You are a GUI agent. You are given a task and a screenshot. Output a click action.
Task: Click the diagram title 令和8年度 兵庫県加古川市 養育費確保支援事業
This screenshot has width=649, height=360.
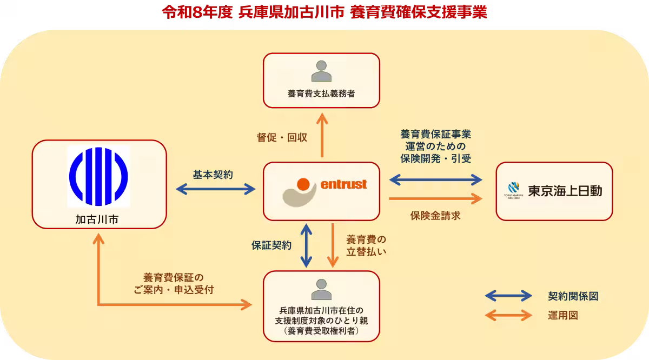pos(325,12)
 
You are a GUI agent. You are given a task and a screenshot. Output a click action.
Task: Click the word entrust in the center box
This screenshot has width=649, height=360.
pos(344,185)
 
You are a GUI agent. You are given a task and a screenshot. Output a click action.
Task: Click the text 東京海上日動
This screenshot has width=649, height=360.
pos(565,191)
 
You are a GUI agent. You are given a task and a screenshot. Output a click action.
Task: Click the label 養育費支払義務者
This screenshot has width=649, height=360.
pos(321,94)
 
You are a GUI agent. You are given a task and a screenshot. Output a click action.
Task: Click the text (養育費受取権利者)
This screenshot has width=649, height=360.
pos(321,331)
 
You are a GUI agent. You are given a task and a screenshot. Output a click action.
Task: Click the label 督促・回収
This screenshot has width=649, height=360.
pos(282,137)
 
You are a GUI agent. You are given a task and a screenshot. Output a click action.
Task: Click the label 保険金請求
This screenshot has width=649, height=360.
pos(435,216)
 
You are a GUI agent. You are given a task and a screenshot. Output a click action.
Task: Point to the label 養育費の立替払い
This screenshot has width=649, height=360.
pos(366,245)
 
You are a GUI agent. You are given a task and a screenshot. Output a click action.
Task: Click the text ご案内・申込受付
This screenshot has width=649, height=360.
pos(174,289)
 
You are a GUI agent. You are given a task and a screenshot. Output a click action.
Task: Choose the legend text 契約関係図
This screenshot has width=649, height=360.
pos(573,296)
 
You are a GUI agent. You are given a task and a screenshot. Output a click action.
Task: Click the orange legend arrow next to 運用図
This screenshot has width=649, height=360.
pos(509,315)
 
